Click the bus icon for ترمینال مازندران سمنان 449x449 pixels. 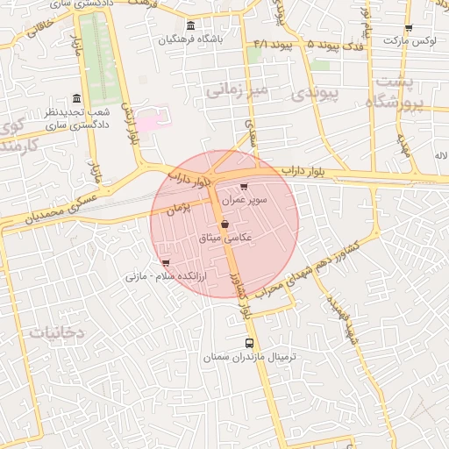(250, 343)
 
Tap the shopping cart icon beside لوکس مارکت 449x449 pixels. (409, 28)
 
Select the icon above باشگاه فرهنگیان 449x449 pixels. (191, 25)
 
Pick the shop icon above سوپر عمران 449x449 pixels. (243, 187)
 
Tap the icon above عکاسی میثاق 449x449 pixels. (225, 224)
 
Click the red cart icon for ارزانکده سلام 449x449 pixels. (166, 262)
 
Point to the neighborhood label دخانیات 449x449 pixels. (56, 332)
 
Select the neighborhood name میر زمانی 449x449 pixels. (236, 89)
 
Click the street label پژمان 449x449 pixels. (177, 210)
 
